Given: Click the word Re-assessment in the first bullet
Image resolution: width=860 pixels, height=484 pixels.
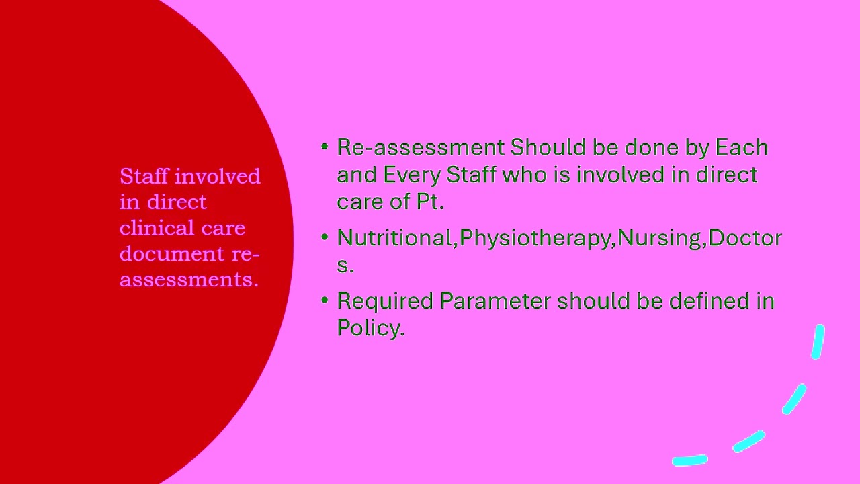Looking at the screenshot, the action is coord(421,147).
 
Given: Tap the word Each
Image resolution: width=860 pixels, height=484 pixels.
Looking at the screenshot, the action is coord(742,147).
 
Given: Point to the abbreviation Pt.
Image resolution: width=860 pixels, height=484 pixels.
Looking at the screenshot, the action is coord(431,202).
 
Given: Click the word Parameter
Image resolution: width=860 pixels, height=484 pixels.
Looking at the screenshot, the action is coord(495,300).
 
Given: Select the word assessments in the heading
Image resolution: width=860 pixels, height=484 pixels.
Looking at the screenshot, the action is coord(189,280).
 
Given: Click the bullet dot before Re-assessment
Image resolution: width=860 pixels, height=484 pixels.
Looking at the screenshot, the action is coord(325,147).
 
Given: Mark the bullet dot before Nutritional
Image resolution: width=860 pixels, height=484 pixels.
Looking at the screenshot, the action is coord(325,237).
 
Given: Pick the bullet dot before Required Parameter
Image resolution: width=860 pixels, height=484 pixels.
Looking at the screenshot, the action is coord(325,300).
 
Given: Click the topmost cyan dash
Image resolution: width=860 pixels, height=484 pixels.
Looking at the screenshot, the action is coord(818,342).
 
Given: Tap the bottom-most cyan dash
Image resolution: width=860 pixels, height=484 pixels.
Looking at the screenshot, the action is coord(690,460).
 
